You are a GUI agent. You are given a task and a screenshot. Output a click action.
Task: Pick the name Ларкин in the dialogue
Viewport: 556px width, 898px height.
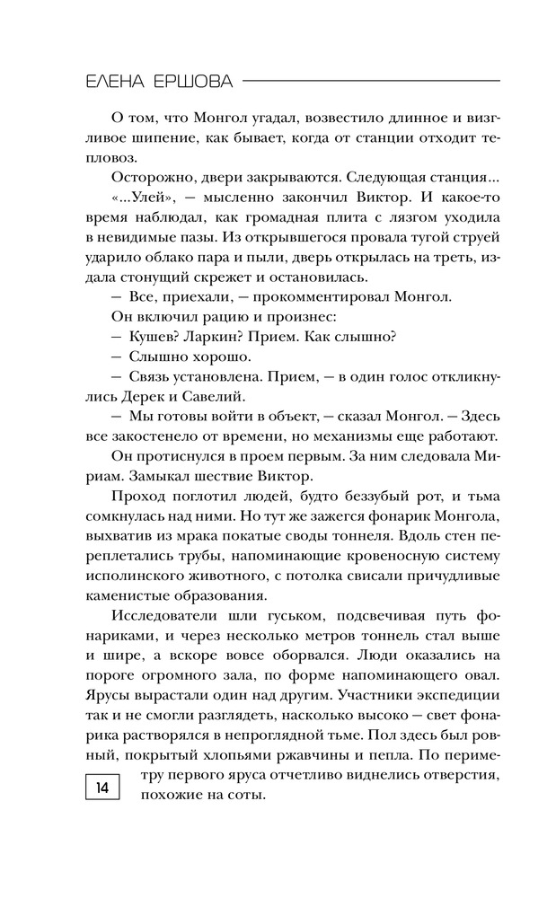pyautogui.click(x=221, y=337)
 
